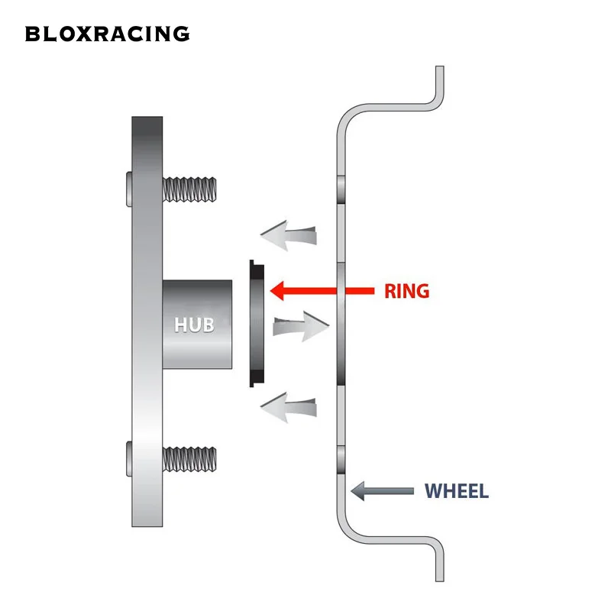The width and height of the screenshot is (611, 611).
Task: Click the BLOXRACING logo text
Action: (107, 34)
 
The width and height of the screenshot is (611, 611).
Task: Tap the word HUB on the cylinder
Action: (194, 325)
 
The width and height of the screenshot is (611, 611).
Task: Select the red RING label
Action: (407, 291)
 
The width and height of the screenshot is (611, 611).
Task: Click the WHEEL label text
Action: (456, 491)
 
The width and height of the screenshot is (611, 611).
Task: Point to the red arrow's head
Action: (277, 291)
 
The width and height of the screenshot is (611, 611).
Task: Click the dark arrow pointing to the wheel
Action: (383, 491)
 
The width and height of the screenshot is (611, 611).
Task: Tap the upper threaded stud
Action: (189, 189)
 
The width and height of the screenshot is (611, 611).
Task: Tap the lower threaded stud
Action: (189, 459)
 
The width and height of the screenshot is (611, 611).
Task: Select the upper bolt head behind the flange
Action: (129, 189)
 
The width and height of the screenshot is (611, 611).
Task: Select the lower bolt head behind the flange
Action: (129, 459)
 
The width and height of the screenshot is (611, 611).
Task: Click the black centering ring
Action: (257, 323)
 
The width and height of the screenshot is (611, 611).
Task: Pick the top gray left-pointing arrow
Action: (289, 235)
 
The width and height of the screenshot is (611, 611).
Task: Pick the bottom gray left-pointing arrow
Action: (289, 408)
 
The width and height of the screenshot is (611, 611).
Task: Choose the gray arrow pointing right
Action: (301, 327)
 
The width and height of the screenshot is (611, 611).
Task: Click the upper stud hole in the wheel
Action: (341, 189)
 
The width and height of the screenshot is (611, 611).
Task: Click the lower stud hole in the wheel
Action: (341, 460)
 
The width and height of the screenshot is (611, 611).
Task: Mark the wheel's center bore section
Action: (341, 323)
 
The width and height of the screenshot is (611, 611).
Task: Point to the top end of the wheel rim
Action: (440, 67)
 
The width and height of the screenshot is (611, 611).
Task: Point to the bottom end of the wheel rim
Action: (440, 580)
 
